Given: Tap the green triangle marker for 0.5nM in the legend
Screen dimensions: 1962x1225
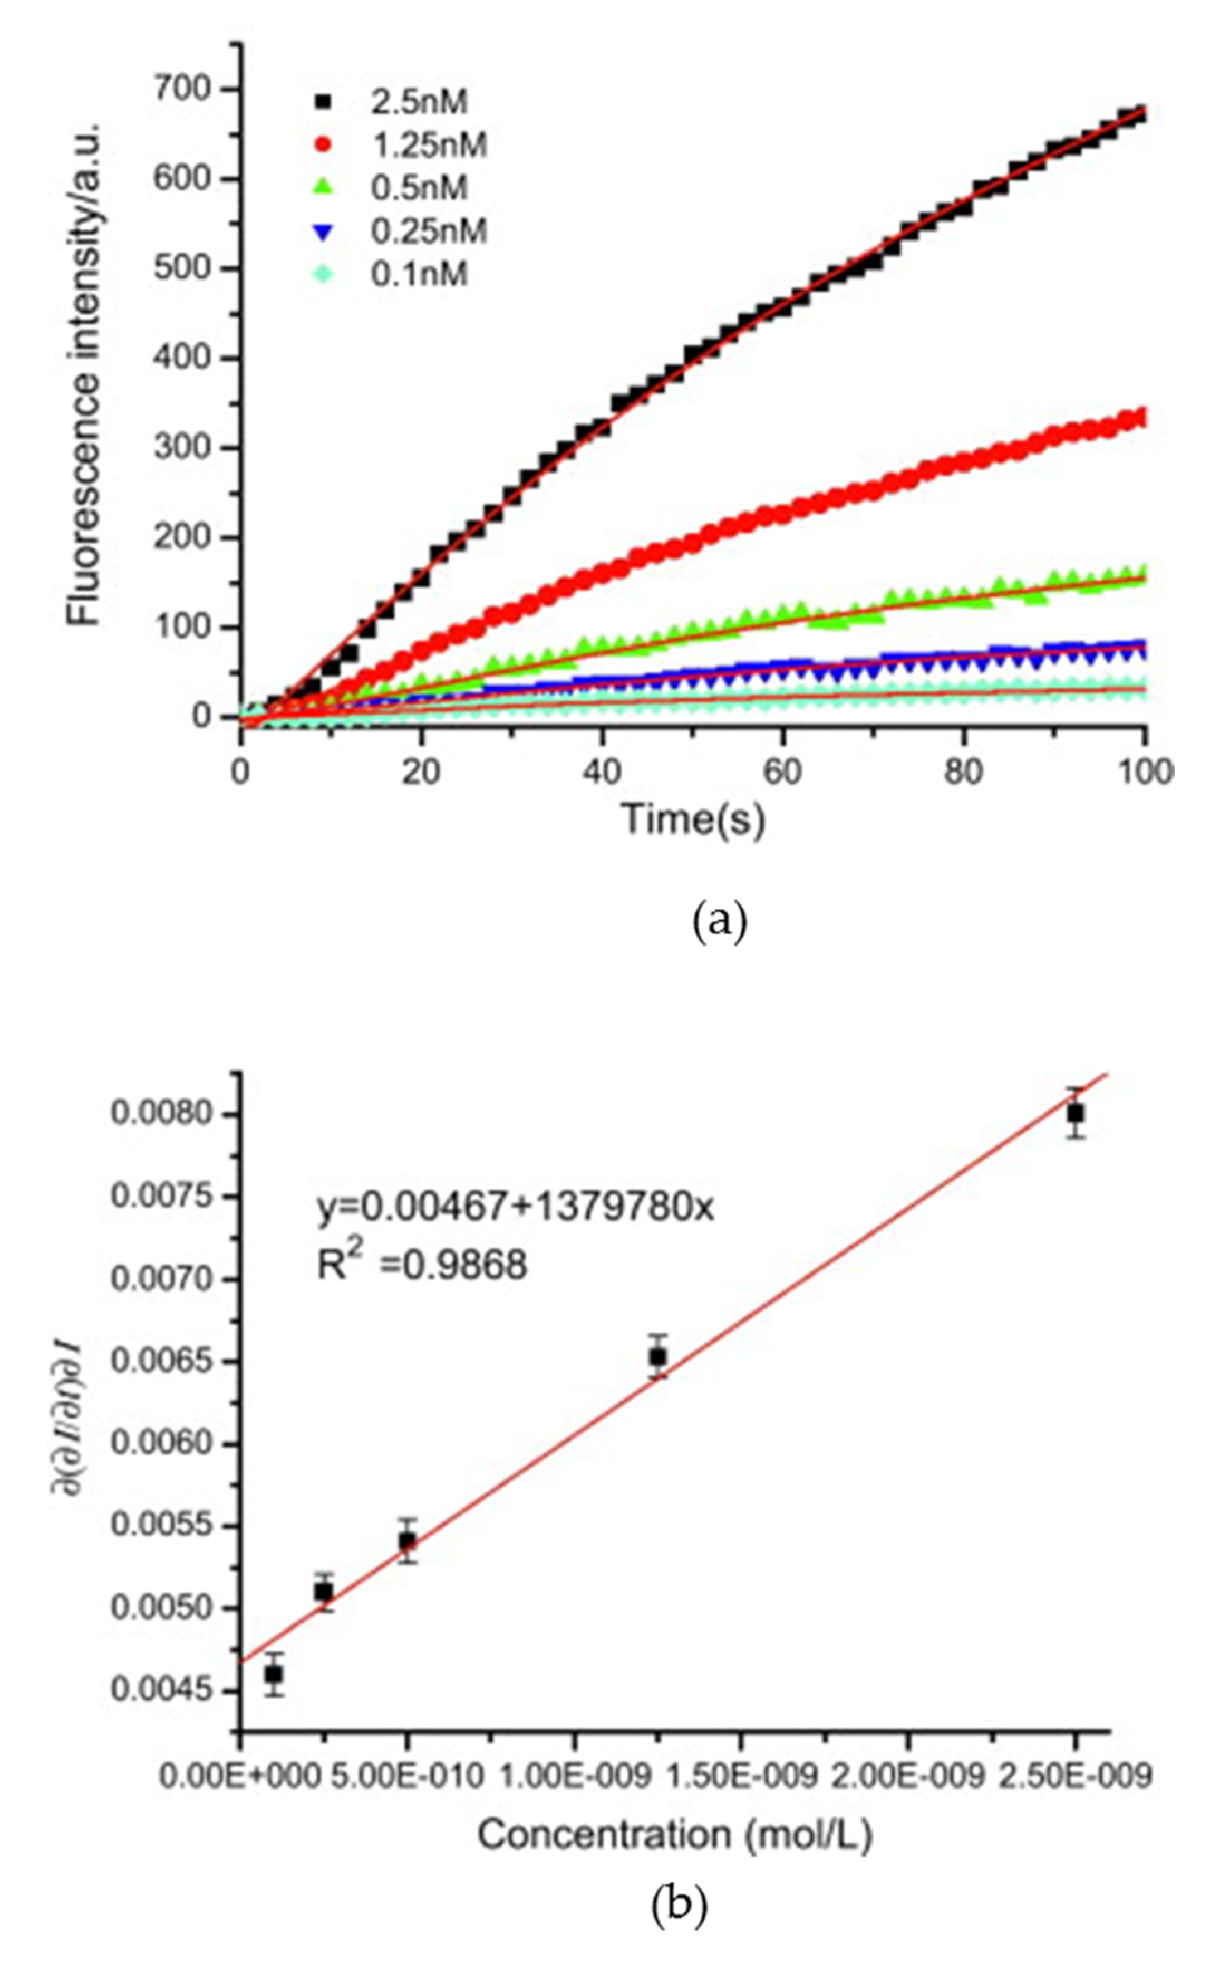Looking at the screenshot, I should coord(324,187).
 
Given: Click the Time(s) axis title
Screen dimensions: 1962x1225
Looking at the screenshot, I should coord(693,819).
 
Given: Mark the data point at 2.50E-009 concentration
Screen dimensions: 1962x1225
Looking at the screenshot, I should coord(1075,1113).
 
